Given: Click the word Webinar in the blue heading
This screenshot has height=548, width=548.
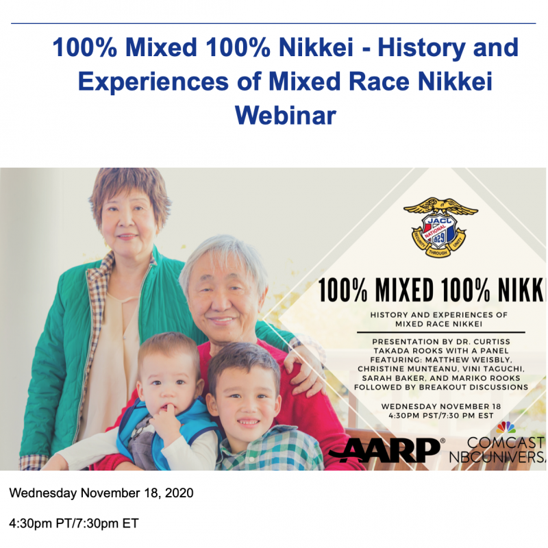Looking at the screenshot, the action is [286, 115].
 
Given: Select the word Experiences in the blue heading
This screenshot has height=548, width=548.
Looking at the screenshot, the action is [153, 82].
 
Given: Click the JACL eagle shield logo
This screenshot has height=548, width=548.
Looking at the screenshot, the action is [440, 227].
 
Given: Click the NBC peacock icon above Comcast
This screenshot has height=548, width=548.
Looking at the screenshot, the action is [506, 427].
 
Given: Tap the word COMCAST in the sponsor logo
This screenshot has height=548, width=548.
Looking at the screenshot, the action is [506, 443].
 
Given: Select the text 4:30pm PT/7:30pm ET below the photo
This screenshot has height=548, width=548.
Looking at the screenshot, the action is [74, 523].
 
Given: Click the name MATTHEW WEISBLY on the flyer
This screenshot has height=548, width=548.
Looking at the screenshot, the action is [473, 360].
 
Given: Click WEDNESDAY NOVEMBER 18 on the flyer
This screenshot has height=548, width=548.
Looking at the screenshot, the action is [441, 406].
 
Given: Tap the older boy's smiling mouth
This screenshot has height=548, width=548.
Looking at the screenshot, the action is [249, 422].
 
